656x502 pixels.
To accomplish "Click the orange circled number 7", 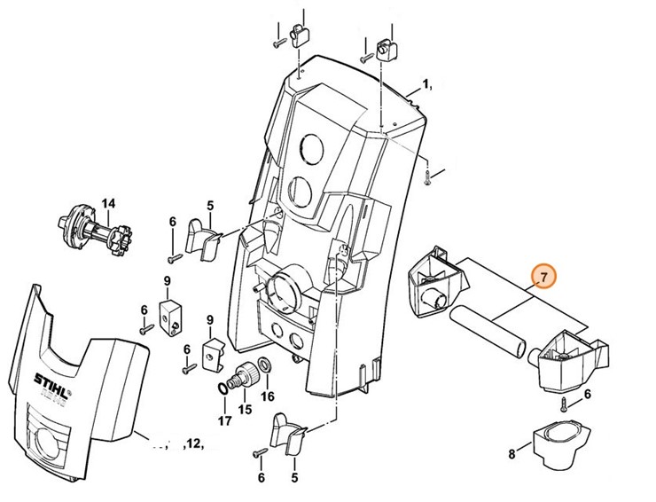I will point(543,278).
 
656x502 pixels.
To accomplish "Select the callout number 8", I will point(511,455).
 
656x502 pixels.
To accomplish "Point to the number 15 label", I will point(245,409).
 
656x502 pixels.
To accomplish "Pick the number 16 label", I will point(268,396).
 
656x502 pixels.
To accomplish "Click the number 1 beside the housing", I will point(426,86).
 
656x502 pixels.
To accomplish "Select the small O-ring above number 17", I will point(221,389).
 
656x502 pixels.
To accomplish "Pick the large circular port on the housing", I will point(283,288).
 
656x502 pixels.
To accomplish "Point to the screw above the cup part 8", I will point(564,407).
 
